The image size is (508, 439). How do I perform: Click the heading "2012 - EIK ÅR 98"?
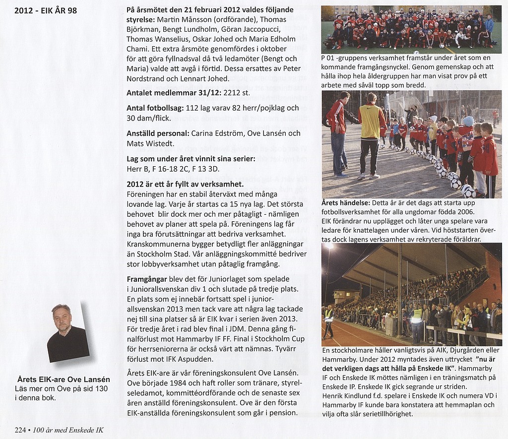(x=46, y=10)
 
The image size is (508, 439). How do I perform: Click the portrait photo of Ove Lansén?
(x=67, y=333)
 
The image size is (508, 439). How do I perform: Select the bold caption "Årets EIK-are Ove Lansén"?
(x=63, y=379)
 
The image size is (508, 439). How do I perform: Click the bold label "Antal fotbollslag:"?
(x=155, y=108)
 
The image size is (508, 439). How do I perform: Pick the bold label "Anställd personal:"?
(x=156, y=133)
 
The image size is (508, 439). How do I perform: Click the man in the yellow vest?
(x=371, y=134)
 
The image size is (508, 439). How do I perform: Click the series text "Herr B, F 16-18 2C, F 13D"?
(x=170, y=169)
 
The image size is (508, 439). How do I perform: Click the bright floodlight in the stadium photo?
(x=328, y=247)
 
